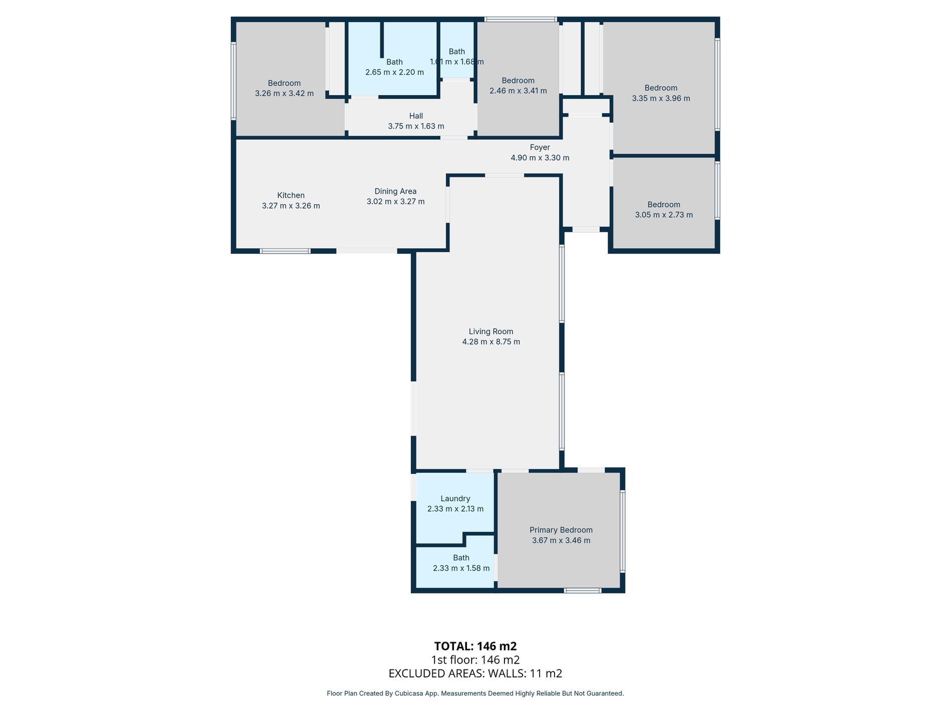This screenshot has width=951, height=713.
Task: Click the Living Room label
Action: click(x=491, y=331)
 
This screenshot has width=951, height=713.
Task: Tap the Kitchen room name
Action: click(x=291, y=195)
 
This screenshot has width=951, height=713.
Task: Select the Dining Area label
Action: click(x=395, y=191)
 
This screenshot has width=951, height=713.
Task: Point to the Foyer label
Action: click(x=540, y=147)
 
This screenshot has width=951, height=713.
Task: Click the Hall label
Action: click(x=416, y=116)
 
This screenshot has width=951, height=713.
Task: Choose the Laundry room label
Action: click(x=455, y=498)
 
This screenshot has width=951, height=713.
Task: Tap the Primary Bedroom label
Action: click(x=561, y=530)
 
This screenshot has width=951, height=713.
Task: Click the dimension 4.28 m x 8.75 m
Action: click(x=491, y=342)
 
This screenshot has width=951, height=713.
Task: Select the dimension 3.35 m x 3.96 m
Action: click(x=661, y=98)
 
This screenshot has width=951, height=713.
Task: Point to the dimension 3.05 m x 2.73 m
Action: click(x=664, y=215)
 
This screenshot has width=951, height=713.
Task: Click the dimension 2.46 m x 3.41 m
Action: click(x=518, y=91)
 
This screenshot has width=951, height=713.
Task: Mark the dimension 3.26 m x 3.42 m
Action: click(x=284, y=93)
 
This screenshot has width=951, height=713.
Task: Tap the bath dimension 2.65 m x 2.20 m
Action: click(x=394, y=72)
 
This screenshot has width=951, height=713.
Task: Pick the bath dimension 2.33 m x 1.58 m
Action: click(x=461, y=568)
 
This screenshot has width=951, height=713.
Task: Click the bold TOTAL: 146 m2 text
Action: click(x=475, y=646)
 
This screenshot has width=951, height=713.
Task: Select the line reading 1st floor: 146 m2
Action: click(x=475, y=659)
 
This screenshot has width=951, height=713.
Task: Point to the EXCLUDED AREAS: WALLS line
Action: click(x=475, y=673)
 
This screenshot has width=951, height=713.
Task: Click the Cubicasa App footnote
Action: click(x=475, y=693)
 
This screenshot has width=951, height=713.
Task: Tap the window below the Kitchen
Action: click(x=285, y=251)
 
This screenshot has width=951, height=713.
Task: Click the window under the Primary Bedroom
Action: click(x=583, y=590)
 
